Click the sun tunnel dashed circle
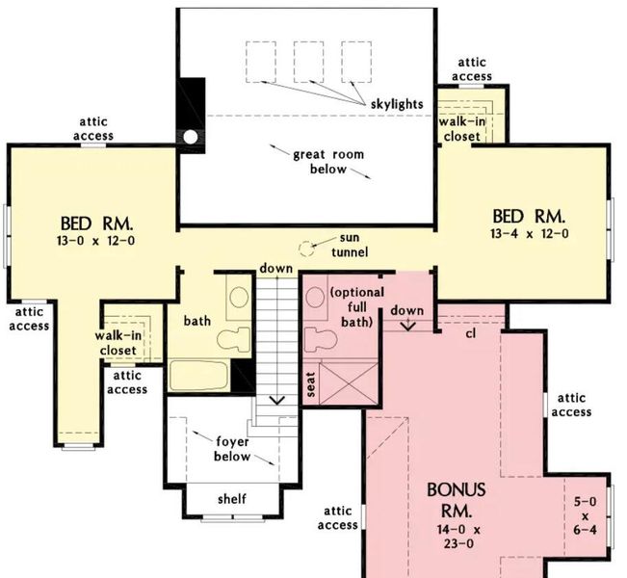pos(307,249)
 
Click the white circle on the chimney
pos(191,136)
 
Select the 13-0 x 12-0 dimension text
pos(95,240)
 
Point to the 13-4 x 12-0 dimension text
pos(530,233)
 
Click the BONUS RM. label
pos(457,500)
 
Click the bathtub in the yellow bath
pos(200,376)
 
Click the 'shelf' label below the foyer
pos(231,498)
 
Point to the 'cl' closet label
pos(471,334)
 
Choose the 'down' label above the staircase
pos(275,268)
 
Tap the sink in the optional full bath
pos(315,300)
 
